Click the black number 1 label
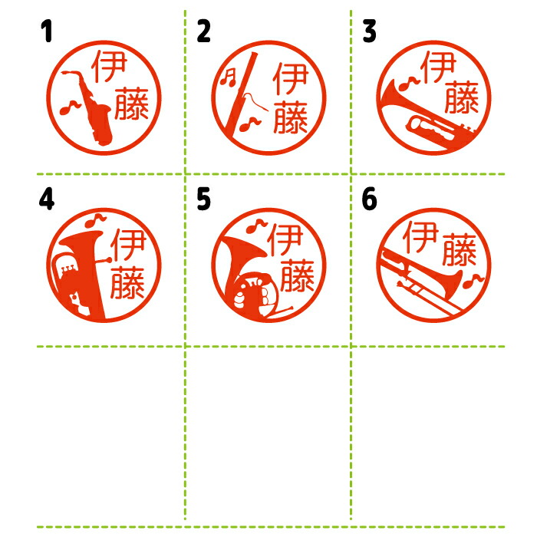pyautogui.click(x=47, y=31)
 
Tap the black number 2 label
pyautogui.click(x=203, y=31)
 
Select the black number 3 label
pyautogui.click(x=370, y=31)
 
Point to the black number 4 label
pyautogui.click(x=47, y=199)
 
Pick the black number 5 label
pyautogui.click(x=203, y=199)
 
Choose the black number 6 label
pyautogui.click(x=369, y=199)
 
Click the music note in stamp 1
pyautogui.click(x=70, y=107)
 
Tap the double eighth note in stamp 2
pyautogui.click(x=228, y=77)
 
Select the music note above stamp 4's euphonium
pyautogui.click(x=95, y=220)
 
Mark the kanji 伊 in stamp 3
pyautogui.click(x=439, y=68)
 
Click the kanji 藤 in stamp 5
pyautogui.click(x=298, y=275)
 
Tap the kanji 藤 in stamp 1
pyautogui.click(x=131, y=104)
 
